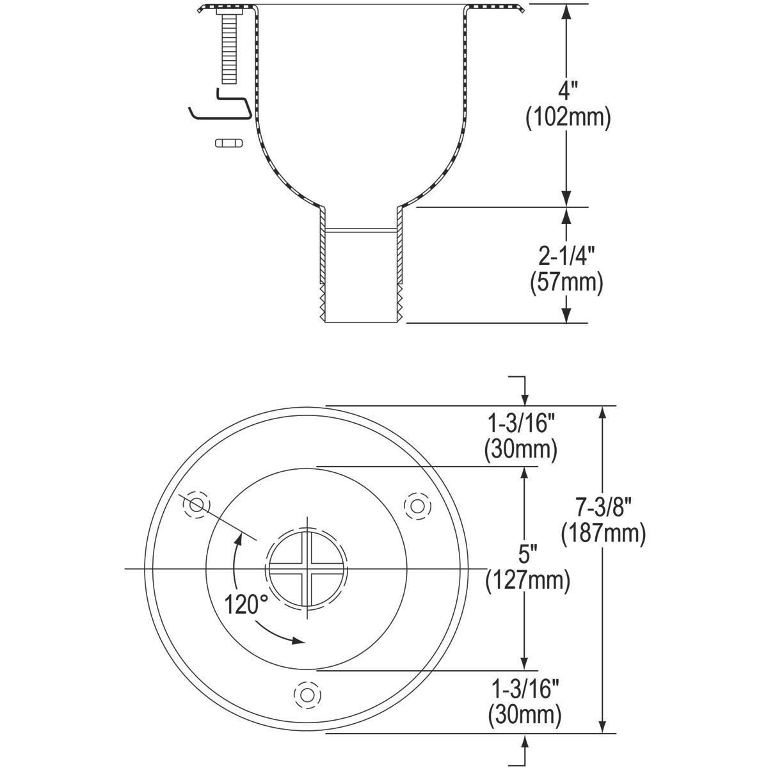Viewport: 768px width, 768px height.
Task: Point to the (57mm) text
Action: (566, 282)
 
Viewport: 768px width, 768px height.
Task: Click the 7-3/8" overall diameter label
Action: (604, 508)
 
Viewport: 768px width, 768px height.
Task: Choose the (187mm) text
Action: (604, 533)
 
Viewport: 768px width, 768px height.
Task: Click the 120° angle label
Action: (246, 604)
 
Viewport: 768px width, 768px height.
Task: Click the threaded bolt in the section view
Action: (228, 48)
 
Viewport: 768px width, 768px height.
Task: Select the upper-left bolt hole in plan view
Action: (197, 506)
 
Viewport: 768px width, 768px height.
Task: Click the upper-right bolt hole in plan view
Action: (417, 506)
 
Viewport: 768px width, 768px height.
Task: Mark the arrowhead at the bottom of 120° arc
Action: (296, 640)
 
